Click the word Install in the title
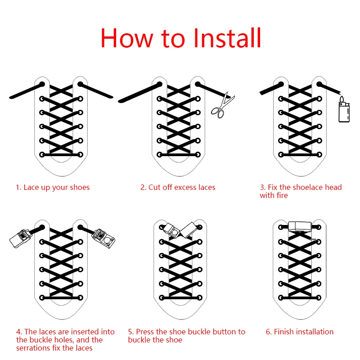point(227,38)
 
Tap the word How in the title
point(127,38)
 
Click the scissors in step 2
point(222,106)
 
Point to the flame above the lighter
point(342,99)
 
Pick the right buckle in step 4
point(103,238)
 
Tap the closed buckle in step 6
point(300,227)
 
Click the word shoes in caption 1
point(80,187)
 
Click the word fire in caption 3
point(282,195)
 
